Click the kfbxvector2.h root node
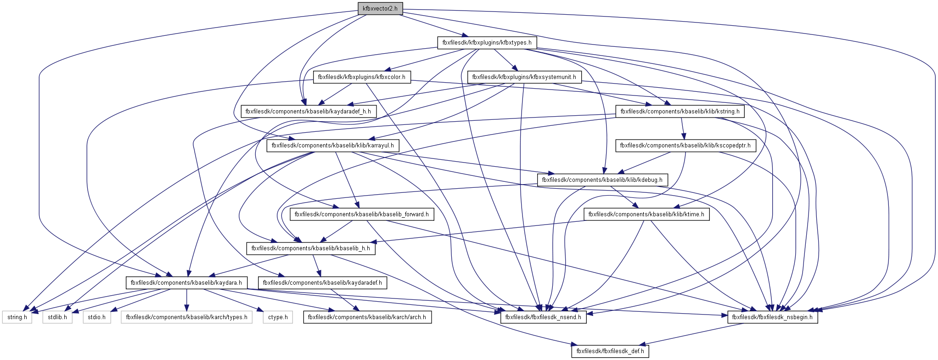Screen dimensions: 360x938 click(x=380, y=9)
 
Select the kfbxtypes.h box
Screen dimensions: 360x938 click(x=487, y=43)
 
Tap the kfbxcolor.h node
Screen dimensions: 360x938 click(x=361, y=77)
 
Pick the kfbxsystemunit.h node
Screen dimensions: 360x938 click(x=524, y=77)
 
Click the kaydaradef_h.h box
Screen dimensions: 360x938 click(x=308, y=112)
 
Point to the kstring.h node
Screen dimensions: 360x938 click(x=680, y=112)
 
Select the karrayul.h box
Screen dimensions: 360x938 click(x=332, y=146)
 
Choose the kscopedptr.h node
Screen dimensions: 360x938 click(x=685, y=146)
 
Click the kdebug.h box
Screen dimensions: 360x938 click(x=602, y=180)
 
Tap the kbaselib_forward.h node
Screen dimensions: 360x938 click(x=361, y=214)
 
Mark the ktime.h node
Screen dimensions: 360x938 click(x=646, y=214)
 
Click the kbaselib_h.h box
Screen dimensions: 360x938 click(x=310, y=248)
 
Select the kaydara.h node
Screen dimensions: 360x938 click(x=186, y=283)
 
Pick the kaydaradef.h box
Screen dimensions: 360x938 click(x=322, y=283)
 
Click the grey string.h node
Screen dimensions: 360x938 click(x=17, y=317)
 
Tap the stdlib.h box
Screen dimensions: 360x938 click(x=57, y=317)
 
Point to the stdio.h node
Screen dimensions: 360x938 click(x=97, y=317)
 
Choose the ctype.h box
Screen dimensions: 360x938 click(x=278, y=317)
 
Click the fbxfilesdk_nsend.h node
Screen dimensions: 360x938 click(x=543, y=317)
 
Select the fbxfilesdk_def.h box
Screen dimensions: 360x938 click(x=610, y=351)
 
